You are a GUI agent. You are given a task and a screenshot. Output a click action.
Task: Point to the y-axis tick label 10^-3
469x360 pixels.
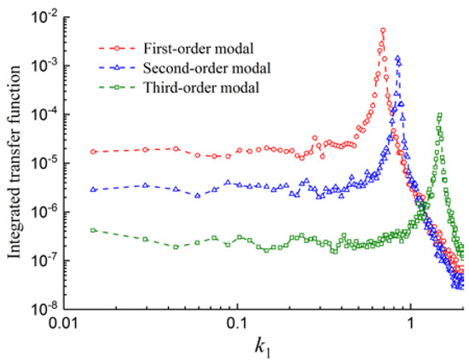[49, 66]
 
